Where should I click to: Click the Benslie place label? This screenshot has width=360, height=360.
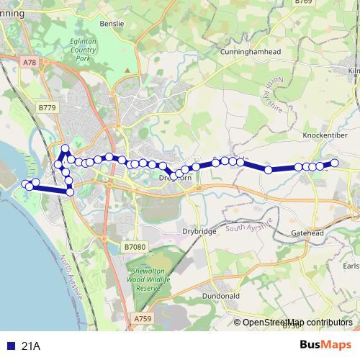(x=112, y=24)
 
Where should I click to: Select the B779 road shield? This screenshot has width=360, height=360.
(x=47, y=107)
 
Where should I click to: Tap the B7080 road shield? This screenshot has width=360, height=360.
(x=135, y=247)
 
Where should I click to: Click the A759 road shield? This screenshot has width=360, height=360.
(x=143, y=316)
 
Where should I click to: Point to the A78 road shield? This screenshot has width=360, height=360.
(x=29, y=63)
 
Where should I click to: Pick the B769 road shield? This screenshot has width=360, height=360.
(x=303, y=3)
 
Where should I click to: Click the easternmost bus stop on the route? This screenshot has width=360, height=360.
(x=334, y=163)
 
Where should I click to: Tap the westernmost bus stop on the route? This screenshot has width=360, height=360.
(x=27, y=184)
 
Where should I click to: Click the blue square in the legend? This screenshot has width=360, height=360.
(x=10, y=346)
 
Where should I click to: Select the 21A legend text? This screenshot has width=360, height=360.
(x=31, y=346)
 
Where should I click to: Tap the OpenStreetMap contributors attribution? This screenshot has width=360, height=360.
(x=297, y=322)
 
